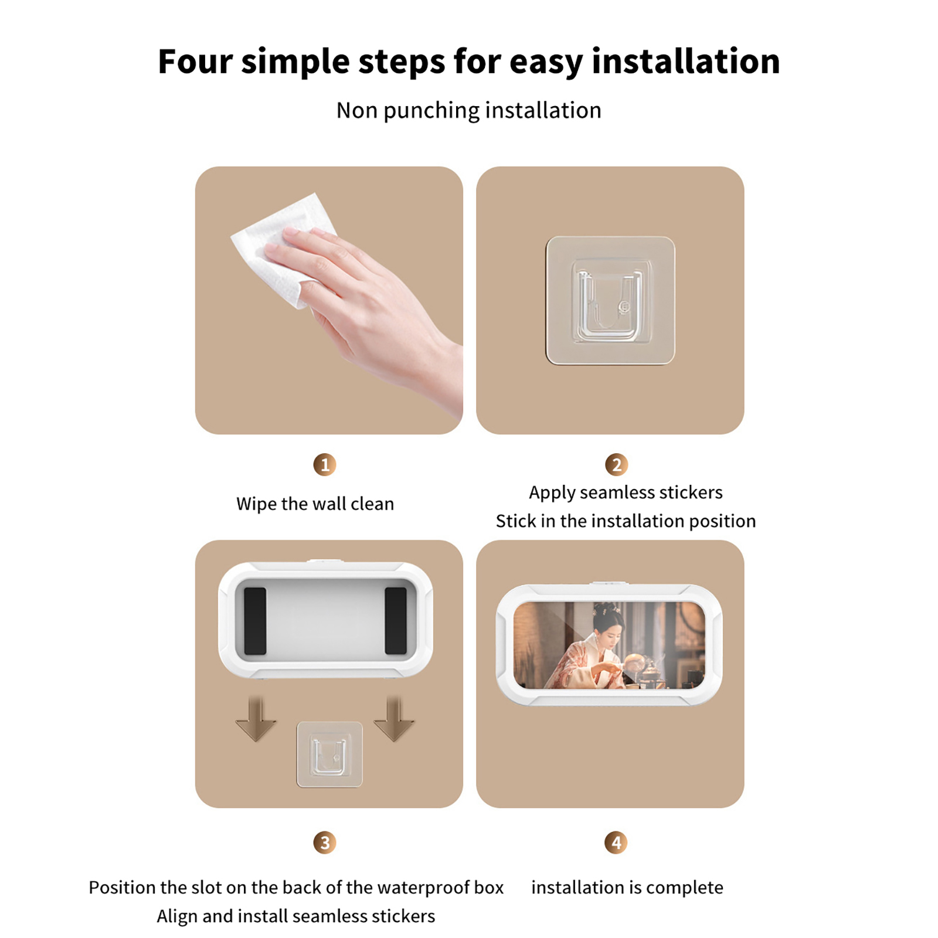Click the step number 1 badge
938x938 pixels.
(325, 464)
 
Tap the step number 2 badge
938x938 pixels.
(616, 464)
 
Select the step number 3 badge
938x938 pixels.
(325, 842)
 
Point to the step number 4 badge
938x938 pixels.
(616, 842)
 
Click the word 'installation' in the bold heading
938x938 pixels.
(686, 61)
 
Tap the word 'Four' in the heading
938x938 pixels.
(195, 61)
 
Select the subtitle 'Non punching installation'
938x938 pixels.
(469, 111)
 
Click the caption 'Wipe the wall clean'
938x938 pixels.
(315, 504)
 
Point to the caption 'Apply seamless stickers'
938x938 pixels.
(626, 493)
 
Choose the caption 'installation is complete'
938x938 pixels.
(627, 887)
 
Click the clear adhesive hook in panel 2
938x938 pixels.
(610, 300)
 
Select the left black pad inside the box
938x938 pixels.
(255, 621)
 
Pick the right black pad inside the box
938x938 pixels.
(396, 621)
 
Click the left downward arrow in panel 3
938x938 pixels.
(256, 719)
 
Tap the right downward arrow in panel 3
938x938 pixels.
(394, 719)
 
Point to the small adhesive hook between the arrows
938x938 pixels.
(329, 755)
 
